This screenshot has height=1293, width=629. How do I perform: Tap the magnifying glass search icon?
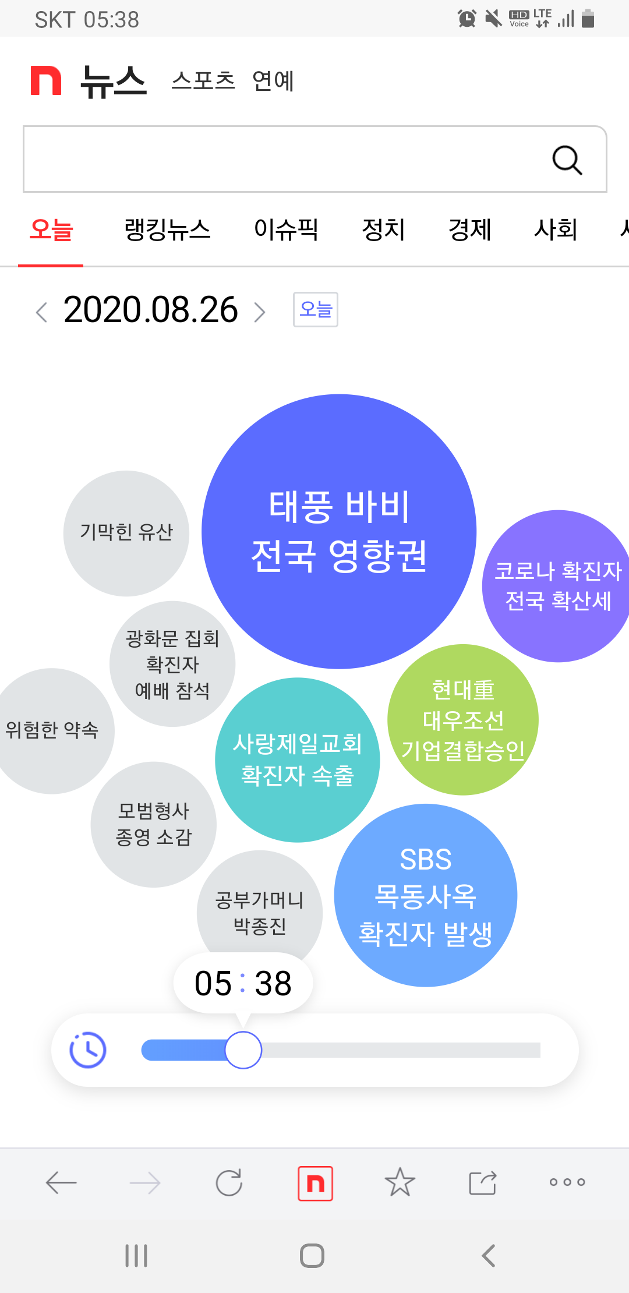567,160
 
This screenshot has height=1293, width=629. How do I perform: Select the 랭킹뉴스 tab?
167,229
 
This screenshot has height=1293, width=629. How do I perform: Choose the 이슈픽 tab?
286,229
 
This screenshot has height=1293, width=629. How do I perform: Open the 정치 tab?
383,229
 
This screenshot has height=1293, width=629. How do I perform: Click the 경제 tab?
469,229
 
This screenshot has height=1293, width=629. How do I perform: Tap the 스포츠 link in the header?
203,80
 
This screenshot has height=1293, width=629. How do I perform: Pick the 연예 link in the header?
273,80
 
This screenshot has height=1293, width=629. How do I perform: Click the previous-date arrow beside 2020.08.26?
41,312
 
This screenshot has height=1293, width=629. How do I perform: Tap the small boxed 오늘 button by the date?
315,309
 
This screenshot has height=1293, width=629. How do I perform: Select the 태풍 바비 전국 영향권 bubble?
339,531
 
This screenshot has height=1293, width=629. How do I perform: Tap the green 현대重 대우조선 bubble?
463,720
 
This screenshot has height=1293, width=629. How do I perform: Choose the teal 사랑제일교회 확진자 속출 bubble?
297,759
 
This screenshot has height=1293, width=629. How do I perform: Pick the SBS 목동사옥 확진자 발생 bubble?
425,895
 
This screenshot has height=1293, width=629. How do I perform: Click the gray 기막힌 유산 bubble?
126,533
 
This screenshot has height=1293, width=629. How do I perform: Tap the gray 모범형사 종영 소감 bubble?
153,824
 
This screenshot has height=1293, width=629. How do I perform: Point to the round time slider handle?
243,1050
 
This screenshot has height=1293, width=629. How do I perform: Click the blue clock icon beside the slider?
88,1050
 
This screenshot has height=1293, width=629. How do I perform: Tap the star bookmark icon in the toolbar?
400,1182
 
